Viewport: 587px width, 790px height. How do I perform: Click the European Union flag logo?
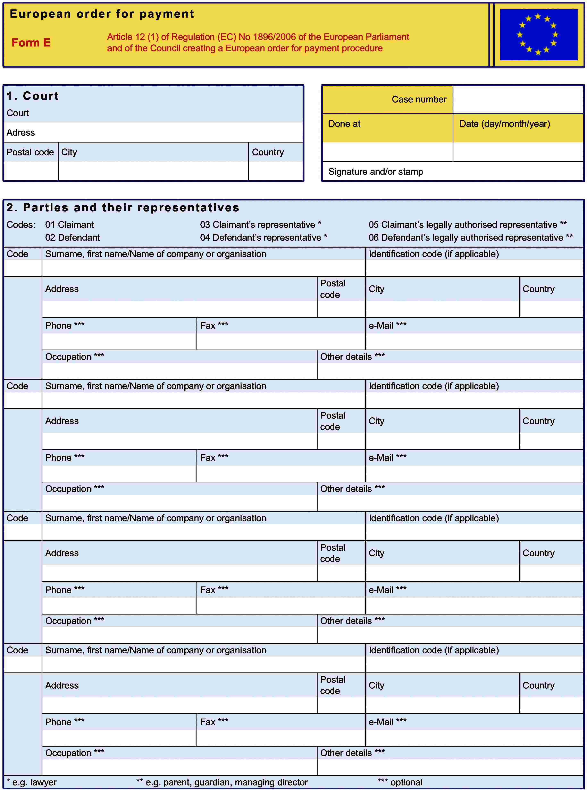(538, 34)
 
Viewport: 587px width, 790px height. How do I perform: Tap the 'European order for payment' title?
(102, 14)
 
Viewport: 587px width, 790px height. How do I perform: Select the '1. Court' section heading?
(33, 96)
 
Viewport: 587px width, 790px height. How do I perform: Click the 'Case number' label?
(419, 100)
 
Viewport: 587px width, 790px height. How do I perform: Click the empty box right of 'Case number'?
(518, 100)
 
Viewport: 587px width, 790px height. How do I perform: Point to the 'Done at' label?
(344, 124)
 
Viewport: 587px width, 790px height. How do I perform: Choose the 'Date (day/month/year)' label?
(505, 124)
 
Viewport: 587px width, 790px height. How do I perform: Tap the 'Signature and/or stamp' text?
(376, 172)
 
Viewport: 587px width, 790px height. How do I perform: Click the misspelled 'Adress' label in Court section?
(21, 133)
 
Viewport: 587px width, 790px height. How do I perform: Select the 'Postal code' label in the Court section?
(30, 152)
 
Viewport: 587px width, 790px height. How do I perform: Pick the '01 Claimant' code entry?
(69, 225)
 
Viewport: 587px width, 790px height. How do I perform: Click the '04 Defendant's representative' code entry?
(263, 238)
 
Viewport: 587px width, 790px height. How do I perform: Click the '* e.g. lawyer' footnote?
(32, 782)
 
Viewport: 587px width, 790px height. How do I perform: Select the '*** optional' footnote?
(400, 782)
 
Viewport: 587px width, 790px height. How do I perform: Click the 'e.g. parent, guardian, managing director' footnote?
(222, 782)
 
